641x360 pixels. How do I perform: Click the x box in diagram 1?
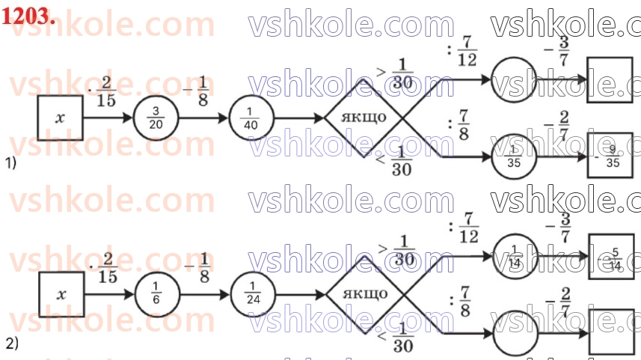pyautogui.click(x=60, y=118)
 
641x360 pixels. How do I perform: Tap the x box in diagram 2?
pyautogui.click(x=61, y=295)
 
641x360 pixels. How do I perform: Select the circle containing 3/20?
pyautogui.click(x=155, y=118)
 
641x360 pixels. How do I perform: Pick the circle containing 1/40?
pyautogui.click(x=251, y=118)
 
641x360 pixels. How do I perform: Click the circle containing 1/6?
pyautogui.click(x=155, y=295)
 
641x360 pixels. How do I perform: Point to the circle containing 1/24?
pyautogui.click(x=251, y=295)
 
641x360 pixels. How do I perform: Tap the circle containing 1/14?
pyautogui.click(x=513, y=254)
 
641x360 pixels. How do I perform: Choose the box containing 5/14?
pyautogui.click(x=610, y=254)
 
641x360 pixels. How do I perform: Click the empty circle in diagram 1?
pyautogui.click(x=513, y=78)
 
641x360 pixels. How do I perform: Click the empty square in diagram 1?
pyautogui.click(x=610, y=79)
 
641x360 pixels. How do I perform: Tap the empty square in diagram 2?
pyautogui.click(x=610, y=334)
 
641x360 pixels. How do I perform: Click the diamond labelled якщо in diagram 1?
pyautogui.click(x=364, y=118)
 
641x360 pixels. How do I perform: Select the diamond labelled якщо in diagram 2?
pyautogui.click(x=364, y=294)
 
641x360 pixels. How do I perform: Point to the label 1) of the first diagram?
pyautogui.click(x=10, y=162)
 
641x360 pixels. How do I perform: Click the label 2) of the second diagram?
pyautogui.click(x=11, y=344)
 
